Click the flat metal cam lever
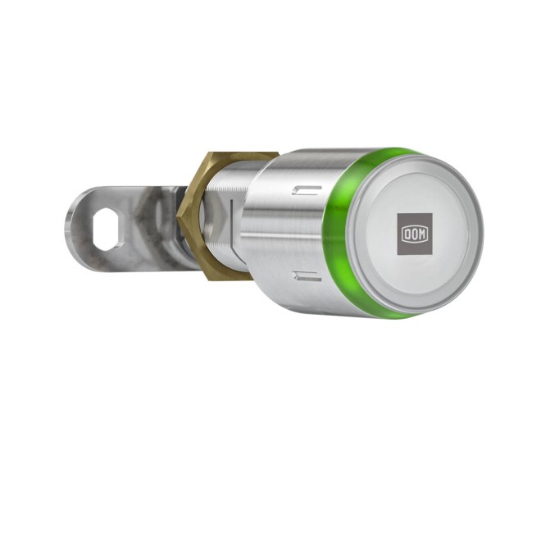(x=115, y=217)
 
